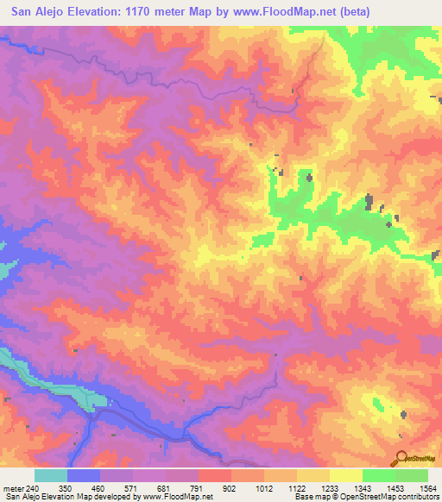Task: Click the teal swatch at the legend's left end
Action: [51, 475]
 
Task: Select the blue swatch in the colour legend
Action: [84, 475]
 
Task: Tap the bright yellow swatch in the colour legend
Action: [346, 475]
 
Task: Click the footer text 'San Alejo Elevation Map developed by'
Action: [69, 497]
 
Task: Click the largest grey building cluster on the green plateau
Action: [369, 202]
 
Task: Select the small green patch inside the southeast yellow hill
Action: [377, 403]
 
